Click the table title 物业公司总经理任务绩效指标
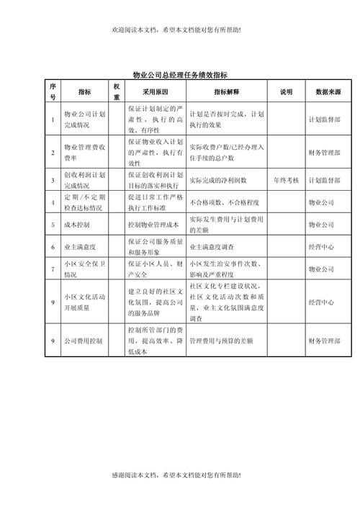[x=181, y=74]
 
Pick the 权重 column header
[x=117, y=91]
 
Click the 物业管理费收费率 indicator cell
[x=84, y=153]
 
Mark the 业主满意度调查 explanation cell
[x=215, y=247]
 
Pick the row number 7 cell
[x=53, y=269]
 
